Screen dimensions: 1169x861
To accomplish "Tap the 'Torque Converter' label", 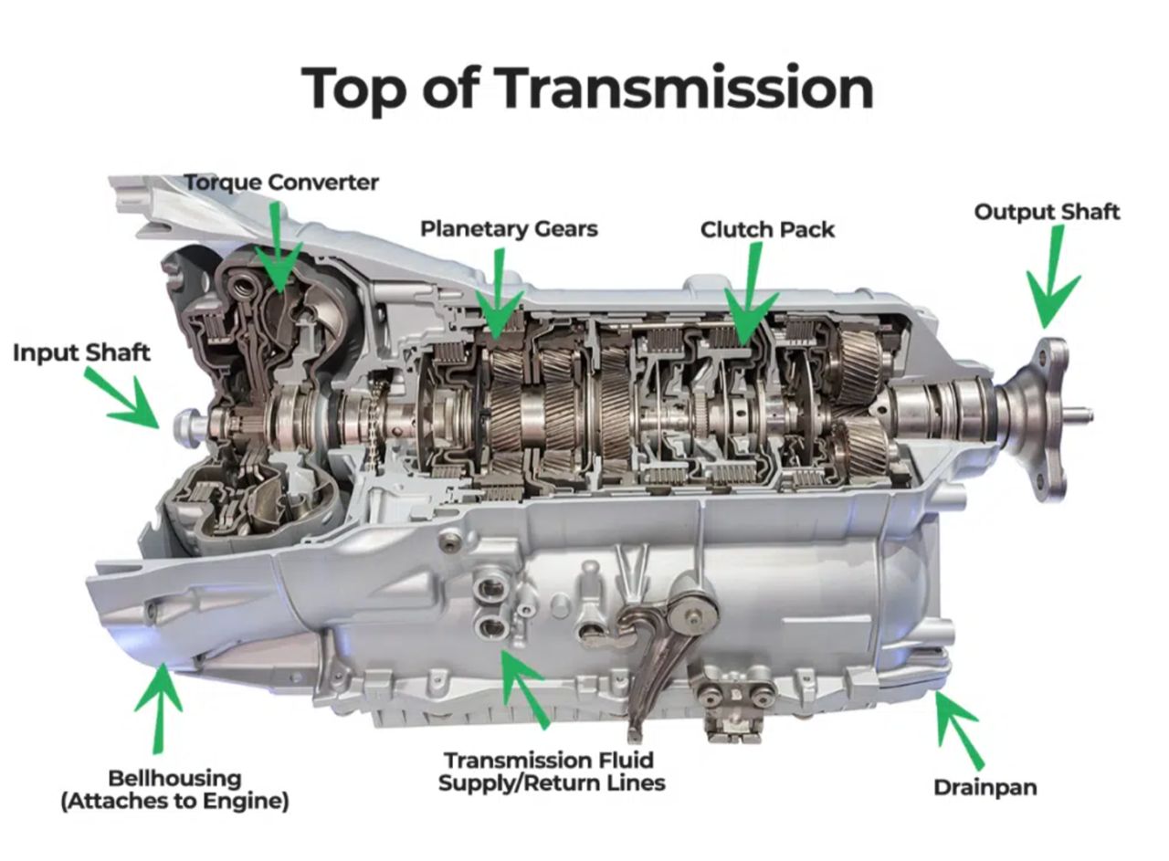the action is (x=282, y=184).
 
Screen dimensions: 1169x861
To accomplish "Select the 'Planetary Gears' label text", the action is (x=509, y=229).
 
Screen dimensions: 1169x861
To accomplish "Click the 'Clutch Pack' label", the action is (x=767, y=229).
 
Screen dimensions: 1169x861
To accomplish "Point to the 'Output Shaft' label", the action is (x=1047, y=213).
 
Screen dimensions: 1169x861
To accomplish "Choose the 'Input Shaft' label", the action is (x=81, y=352).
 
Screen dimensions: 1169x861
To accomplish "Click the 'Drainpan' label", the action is (x=985, y=788).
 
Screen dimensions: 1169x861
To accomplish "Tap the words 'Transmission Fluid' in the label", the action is (x=549, y=761).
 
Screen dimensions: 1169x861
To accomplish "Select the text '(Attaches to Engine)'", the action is (x=174, y=801).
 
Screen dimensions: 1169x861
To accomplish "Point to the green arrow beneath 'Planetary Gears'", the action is (x=499, y=293).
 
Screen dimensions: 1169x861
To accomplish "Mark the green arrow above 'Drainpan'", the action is (x=958, y=730).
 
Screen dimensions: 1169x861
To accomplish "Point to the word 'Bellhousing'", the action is (x=174, y=779).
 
